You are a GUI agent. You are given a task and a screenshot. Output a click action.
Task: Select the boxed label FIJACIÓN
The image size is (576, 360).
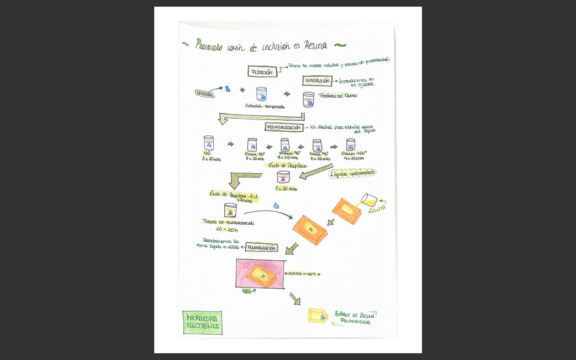(262, 72)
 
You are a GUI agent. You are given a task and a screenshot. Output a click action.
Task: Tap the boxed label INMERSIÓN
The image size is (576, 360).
(317, 81)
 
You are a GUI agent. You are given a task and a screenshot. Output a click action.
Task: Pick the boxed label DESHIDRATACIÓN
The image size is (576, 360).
(283, 127)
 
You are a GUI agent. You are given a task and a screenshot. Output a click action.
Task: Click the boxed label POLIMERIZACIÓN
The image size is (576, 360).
(261, 248)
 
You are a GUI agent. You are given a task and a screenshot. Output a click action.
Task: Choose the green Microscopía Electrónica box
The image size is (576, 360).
(202, 323)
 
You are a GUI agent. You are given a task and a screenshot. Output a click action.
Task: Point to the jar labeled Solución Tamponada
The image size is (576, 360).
(262, 94)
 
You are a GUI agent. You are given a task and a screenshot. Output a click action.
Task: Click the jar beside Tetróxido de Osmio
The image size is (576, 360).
(308, 100)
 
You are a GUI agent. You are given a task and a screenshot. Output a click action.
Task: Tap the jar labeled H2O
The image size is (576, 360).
(209, 144)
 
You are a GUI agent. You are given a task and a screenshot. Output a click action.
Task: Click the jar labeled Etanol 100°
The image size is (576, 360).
(350, 145)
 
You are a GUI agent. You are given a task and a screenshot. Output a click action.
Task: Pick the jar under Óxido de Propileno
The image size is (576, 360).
(283, 177)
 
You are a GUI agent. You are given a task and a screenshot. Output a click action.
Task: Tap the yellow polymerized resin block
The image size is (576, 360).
(317, 317)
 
